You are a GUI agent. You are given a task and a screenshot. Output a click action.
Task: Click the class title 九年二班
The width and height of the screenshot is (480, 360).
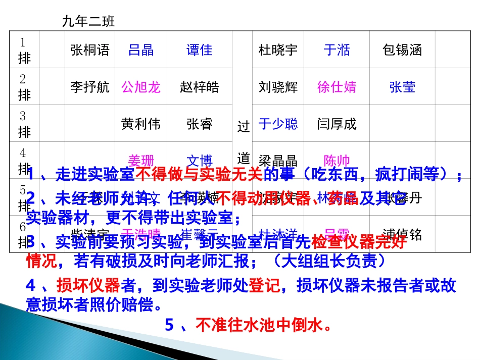click(88, 21)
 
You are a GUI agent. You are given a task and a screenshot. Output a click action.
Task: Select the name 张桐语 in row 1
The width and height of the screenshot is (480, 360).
click(90, 50)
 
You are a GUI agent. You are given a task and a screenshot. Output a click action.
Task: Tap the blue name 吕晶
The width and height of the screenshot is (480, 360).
click(141, 50)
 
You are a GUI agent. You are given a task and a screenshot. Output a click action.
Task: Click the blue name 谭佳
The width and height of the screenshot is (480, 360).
click(200, 50)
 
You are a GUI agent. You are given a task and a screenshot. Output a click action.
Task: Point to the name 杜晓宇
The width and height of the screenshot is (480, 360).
click(278, 50)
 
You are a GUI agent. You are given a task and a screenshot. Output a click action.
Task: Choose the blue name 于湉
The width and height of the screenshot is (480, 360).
click(337, 50)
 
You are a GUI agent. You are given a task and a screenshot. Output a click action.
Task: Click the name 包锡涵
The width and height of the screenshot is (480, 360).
click(402, 50)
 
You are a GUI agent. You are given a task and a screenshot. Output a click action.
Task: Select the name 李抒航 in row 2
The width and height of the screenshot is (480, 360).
click(90, 87)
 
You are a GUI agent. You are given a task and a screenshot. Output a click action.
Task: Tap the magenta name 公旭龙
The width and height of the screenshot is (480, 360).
click(141, 87)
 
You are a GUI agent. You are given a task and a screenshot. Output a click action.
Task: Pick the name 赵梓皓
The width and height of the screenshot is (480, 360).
click(200, 87)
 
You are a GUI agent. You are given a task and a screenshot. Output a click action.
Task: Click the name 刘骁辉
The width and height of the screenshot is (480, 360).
click(278, 87)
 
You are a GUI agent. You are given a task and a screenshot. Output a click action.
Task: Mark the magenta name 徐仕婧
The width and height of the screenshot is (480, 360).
click(337, 87)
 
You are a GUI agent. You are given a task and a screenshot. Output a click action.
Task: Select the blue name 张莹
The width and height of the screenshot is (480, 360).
click(402, 87)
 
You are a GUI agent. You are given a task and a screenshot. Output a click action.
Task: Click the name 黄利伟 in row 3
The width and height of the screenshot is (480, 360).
click(141, 124)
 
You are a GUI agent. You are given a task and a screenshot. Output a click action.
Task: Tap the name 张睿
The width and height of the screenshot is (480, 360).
click(200, 124)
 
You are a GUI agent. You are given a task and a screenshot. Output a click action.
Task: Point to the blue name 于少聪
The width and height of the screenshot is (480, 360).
click(278, 124)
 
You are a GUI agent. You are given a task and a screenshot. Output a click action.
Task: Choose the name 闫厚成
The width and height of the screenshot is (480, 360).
click(337, 124)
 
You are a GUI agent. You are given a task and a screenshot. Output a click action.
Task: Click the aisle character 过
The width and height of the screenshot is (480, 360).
click(244, 126)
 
